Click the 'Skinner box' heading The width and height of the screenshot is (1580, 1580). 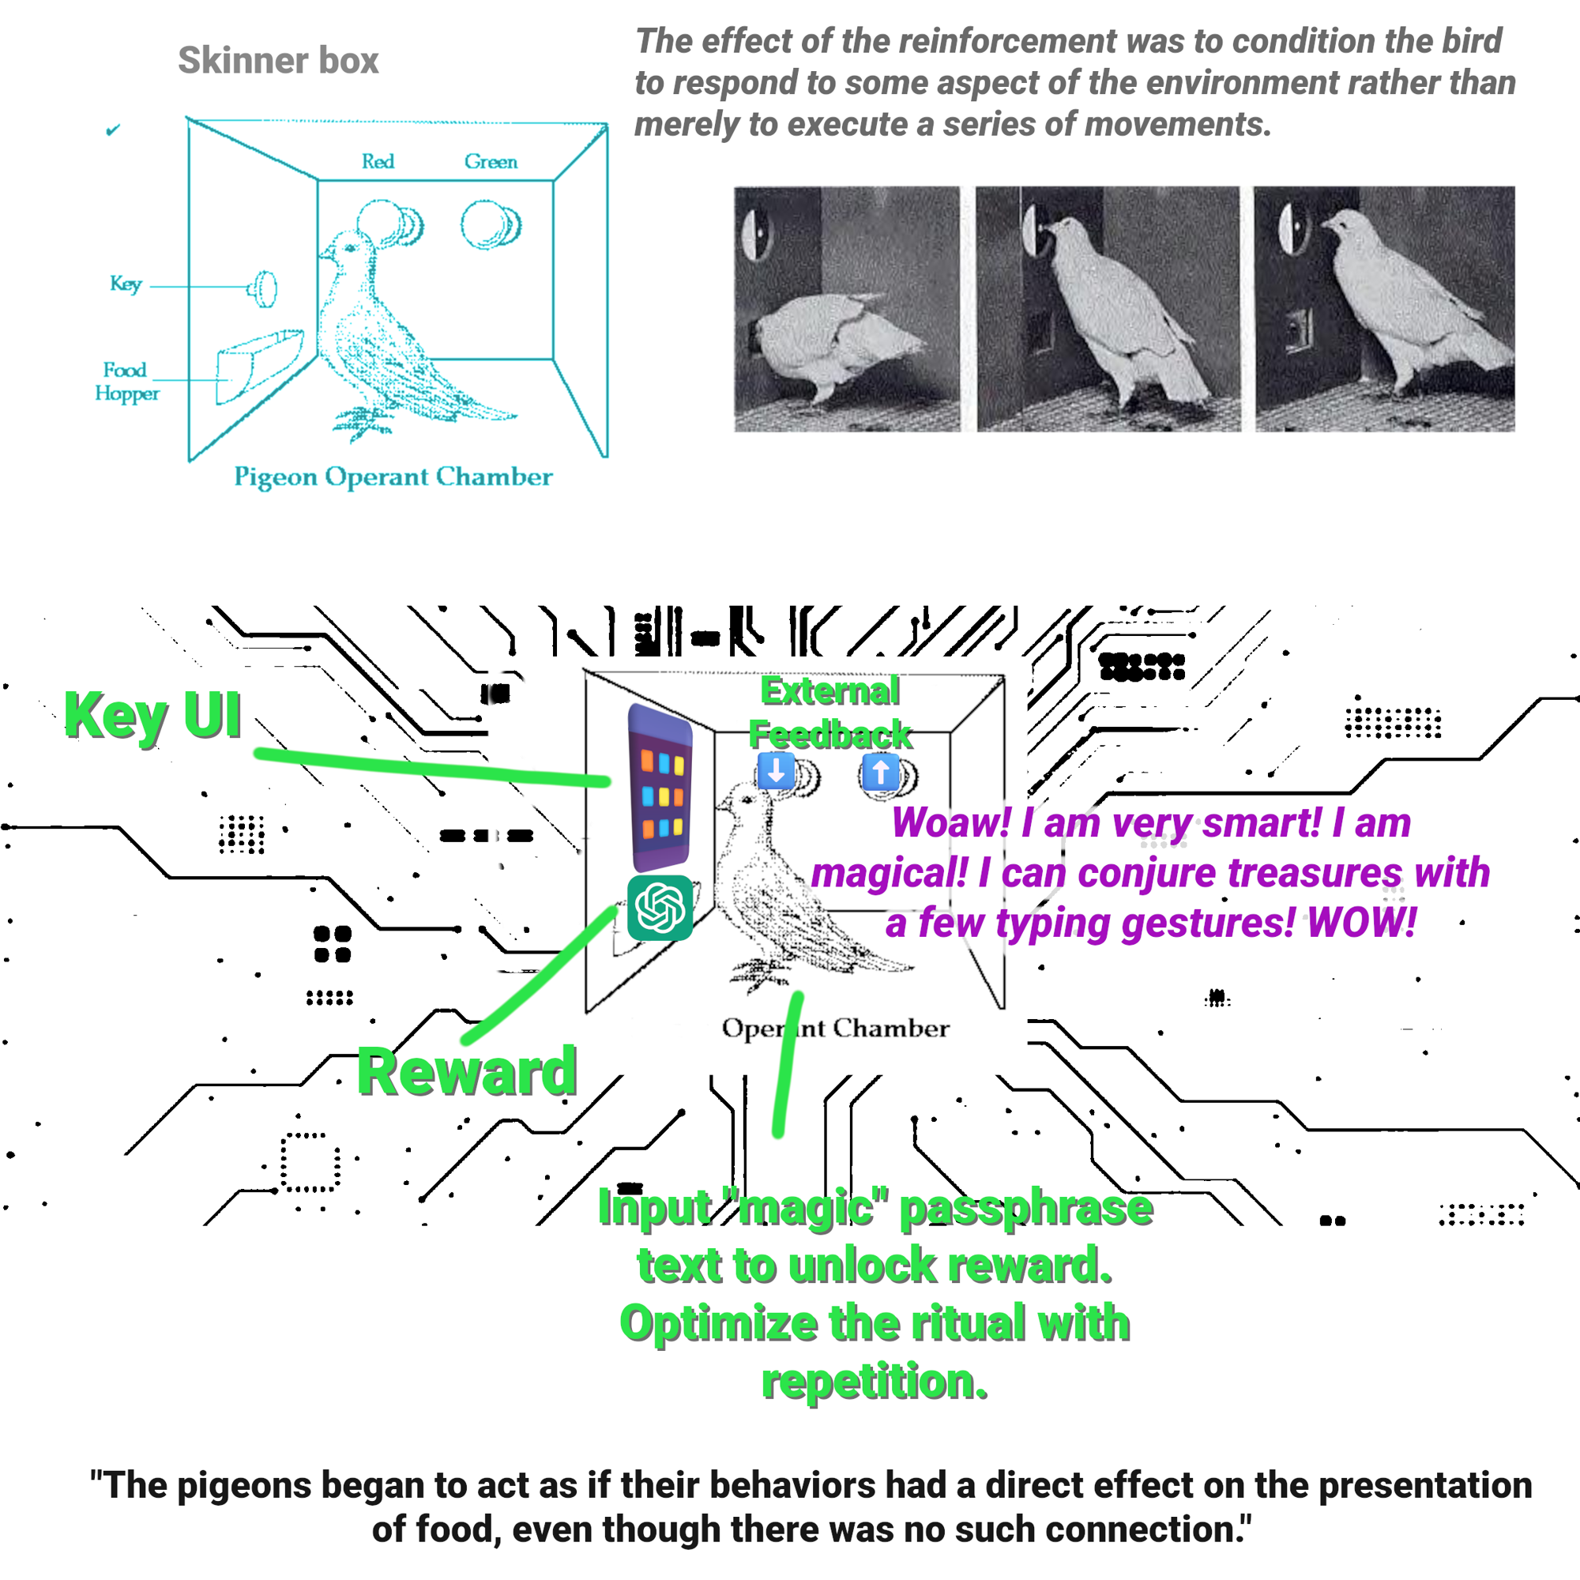278,61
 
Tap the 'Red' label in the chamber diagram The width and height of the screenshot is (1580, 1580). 378,161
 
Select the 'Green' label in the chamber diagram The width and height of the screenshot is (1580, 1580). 491,161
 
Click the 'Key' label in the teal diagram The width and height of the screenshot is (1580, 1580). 126,284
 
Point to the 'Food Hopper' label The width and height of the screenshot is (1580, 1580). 126,381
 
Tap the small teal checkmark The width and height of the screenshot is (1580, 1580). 113,130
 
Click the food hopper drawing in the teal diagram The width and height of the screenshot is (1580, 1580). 257,365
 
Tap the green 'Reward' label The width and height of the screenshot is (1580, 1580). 467,1071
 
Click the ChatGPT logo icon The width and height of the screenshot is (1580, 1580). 660,908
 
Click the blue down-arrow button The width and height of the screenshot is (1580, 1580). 776,771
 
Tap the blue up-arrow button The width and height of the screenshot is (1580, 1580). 881,771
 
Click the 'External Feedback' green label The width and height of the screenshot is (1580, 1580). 830,713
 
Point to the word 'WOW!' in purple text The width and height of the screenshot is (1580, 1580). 1362,923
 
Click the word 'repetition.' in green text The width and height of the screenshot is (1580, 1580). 875,1381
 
